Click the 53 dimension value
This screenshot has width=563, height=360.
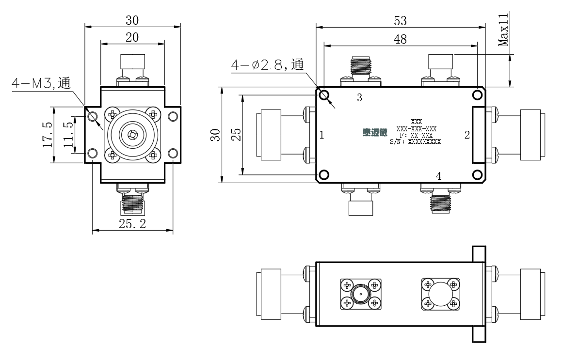[x=400, y=21]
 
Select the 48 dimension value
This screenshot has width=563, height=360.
[x=400, y=39]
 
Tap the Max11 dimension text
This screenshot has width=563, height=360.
[x=503, y=30]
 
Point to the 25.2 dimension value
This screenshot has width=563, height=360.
[x=132, y=224]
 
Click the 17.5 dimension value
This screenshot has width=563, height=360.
[x=48, y=135]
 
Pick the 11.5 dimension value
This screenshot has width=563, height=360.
[x=68, y=135]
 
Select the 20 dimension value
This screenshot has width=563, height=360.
[x=132, y=37]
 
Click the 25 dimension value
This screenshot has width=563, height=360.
[x=236, y=135]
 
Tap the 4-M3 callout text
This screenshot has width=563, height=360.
[x=41, y=83]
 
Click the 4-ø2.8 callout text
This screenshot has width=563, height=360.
[x=268, y=64]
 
